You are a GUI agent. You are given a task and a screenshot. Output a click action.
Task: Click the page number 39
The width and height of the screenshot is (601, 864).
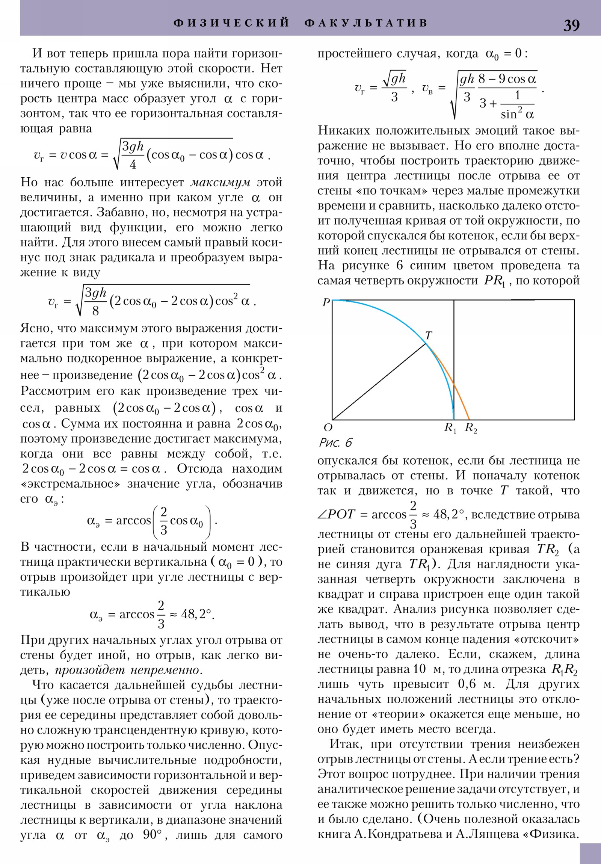(x=571, y=25)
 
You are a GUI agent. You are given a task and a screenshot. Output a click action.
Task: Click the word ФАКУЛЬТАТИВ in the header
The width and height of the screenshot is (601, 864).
(x=366, y=23)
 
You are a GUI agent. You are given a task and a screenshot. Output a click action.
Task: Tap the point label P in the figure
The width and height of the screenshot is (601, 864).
(x=326, y=302)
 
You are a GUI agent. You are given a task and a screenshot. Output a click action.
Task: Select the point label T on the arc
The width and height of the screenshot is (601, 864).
(x=428, y=335)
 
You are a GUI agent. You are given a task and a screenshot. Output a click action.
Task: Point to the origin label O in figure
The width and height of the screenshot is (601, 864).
(x=328, y=427)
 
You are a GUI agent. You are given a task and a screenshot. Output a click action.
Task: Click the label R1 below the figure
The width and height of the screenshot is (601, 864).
(x=450, y=428)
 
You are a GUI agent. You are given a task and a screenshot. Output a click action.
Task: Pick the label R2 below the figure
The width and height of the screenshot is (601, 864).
(x=471, y=428)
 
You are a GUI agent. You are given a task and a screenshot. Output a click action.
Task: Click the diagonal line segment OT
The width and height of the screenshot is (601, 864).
(x=378, y=382)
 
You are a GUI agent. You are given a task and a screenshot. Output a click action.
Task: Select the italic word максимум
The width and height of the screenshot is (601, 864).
(x=220, y=183)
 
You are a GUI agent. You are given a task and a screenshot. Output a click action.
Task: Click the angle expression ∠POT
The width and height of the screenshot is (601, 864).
(x=336, y=514)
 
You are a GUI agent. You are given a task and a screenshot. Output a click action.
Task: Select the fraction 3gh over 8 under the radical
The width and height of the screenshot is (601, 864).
(x=95, y=301)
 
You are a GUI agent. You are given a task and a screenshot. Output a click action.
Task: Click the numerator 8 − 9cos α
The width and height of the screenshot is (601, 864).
(x=507, y=79)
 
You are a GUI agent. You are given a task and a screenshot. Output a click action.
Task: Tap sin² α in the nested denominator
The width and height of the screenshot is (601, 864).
(x=517, y=113)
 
